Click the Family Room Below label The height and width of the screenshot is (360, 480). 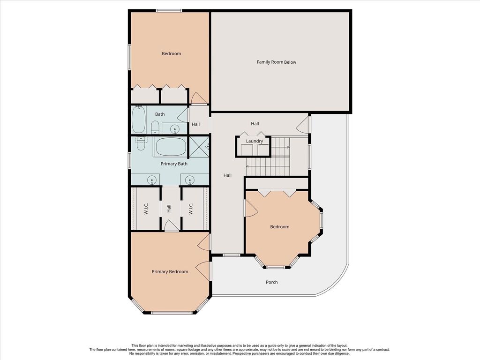tap(277, 62)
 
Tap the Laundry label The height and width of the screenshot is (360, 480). tap(255, 141)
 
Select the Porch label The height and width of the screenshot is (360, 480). tap(272, 282)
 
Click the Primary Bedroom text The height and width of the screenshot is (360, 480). tap(170, 272)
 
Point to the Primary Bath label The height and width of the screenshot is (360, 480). tap(174, 164)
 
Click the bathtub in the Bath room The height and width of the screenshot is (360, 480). tap(138, 120)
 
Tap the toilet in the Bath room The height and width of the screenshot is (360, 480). tap(155, 127)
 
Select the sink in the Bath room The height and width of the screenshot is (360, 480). tap(175, 129)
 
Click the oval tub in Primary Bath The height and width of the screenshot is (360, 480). tap(171, 147)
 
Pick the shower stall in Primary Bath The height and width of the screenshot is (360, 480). tap(199, 147)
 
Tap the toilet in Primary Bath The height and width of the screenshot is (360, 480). tap(141, 143)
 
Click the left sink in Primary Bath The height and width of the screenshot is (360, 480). tap(151, 180)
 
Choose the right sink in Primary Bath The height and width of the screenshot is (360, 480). tap(190, 180)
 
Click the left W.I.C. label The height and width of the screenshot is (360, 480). tap(146, 209)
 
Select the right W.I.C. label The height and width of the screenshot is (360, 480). tap(191, 209)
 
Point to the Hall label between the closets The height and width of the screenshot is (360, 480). tap(169, 209)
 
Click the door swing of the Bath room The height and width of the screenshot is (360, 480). tap(183, 115)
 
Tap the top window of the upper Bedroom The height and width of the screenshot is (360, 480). tap(168, 11)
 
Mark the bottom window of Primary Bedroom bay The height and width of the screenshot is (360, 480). tap(172, 313)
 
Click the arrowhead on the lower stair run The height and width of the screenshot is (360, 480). tap(247, 166)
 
